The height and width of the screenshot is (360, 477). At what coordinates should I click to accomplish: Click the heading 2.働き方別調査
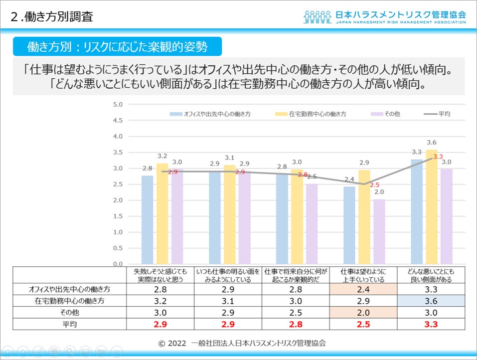(52, 16)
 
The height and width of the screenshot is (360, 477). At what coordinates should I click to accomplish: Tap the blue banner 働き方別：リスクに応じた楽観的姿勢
(117, 47)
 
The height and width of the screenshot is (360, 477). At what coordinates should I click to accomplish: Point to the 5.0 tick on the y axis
(118, 105)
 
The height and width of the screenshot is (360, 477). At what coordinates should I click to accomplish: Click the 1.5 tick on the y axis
(118, 216)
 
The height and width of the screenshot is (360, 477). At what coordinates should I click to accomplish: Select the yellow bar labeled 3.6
(432, 206)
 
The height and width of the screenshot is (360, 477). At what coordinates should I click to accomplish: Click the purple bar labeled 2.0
(379, 231)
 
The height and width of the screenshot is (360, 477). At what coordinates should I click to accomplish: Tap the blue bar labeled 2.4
(349, 225)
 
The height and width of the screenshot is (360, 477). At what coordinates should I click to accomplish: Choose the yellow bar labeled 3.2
(162, 213)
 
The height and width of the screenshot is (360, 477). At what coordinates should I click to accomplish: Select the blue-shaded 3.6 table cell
(431, 301)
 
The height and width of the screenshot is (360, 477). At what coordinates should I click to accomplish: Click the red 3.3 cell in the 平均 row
(431, 324)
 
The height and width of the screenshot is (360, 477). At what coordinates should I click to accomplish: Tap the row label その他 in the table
(70, 313)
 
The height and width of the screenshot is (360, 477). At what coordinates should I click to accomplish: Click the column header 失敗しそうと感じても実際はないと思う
(159, 275)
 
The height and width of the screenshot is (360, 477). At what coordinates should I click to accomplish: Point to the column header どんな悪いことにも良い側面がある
(431, 275)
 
